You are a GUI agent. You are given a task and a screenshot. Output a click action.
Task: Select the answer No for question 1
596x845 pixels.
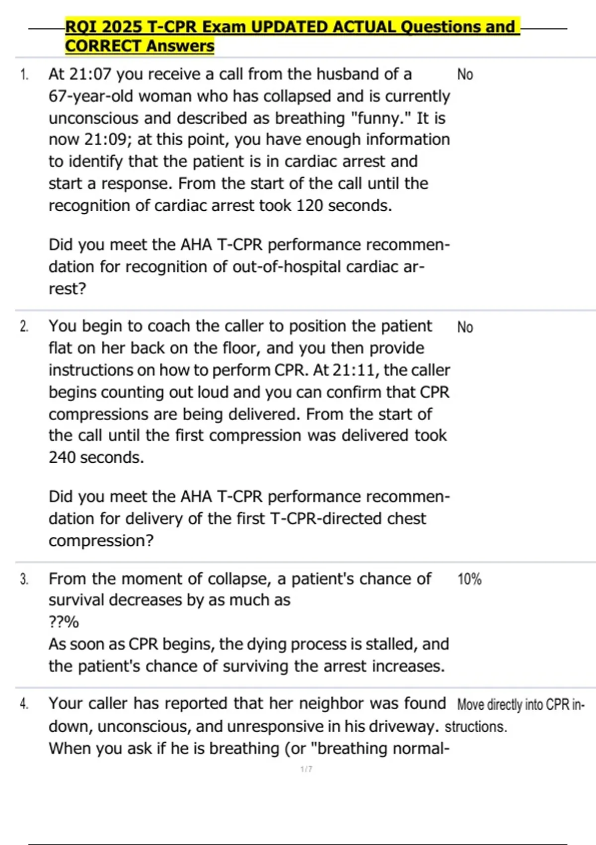tap(465, 75)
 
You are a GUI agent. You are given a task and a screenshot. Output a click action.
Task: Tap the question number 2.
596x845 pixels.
tap(24, 327)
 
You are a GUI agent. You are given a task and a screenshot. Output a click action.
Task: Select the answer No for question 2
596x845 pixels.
tap(465, 328)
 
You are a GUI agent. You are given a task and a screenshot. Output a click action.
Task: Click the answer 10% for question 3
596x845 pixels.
tap(469, 580)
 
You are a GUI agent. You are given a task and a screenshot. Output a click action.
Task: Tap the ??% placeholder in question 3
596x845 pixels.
tap(64, 622)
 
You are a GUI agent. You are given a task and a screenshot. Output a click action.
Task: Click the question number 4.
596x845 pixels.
tap(24, 704)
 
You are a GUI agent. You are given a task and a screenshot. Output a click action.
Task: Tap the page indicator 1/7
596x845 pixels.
tap(306, 769)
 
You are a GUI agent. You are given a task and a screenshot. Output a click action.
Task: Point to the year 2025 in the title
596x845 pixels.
tap(122, 27)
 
